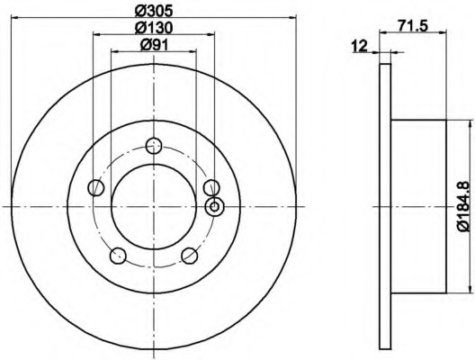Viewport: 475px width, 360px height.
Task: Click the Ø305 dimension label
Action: pyautogui.click(x=154, y=11)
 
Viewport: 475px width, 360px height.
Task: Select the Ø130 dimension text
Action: pyautogui.click(x=154, y=28)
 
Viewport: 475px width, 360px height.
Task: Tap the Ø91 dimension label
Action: pyautogui.click(x=154, y=45)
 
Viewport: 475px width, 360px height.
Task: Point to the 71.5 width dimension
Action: pyautogui.click(x=413, y=26)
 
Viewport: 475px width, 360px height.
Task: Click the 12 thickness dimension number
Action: pyautogui.click(x=359, y=46)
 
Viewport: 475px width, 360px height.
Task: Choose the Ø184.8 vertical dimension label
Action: pyautogui.click(x=468, y=206)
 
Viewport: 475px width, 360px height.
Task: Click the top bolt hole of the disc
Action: pyautogui.click(x=154, y=146)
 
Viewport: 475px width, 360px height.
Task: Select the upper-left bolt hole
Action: pyautogui.click(x=95, y=187)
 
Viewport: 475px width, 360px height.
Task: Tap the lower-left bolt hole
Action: pyautogui.click(x=118, y=256)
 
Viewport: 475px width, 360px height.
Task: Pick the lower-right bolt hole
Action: pyautogui.click(x=189, y=256)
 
